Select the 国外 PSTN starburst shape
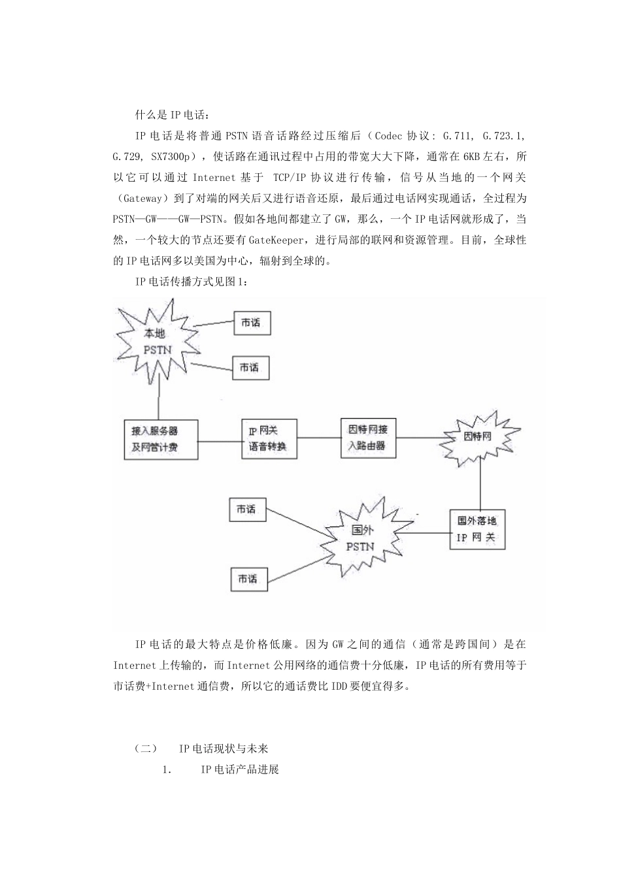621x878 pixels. (x=359, y=538)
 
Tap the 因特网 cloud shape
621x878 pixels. (x=477, y=437)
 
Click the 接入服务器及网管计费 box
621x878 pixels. (x=161, y=439)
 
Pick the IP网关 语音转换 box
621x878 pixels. (x=269, y=438)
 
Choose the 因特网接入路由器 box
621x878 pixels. (x=368, y=438)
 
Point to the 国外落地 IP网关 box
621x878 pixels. (x=477, y=529)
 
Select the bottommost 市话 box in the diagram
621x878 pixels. (x=248, y=579)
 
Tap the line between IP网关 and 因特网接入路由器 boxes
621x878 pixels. (x=319, y=438)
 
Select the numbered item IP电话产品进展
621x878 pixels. (x=240, y=770)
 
